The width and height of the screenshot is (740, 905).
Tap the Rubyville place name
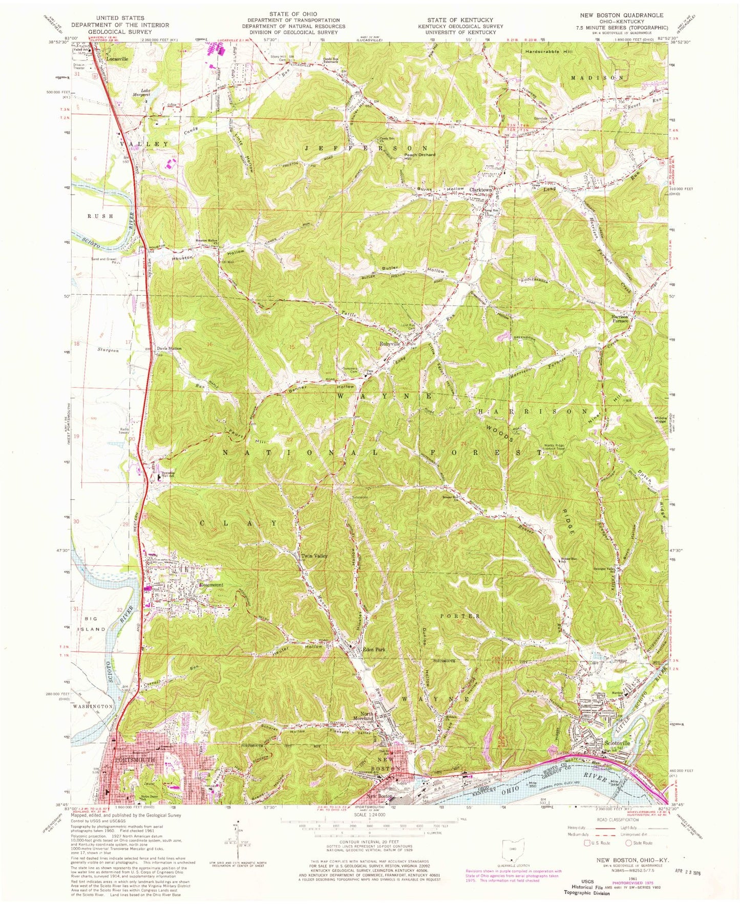pos(389,344)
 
